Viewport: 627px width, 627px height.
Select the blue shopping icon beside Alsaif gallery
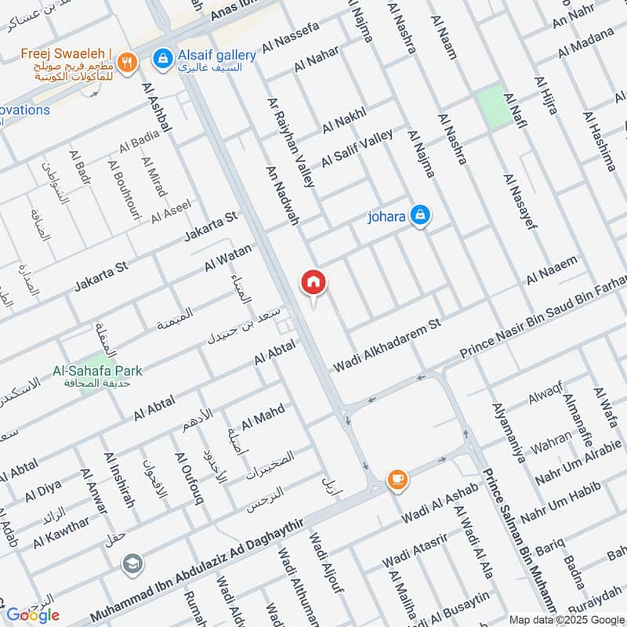[x=163, y=57]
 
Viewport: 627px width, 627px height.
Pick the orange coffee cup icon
[x=397, y=479]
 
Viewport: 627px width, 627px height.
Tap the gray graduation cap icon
[x=132, y=564]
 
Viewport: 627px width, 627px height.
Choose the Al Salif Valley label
[x=357, y=147]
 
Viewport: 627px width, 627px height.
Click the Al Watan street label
[x=228, y=258]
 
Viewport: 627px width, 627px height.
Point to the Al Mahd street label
[x=263, y=417]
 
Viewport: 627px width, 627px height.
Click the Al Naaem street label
[x=552, y=270]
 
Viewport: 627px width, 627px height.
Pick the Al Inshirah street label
[x=114, y=480]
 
